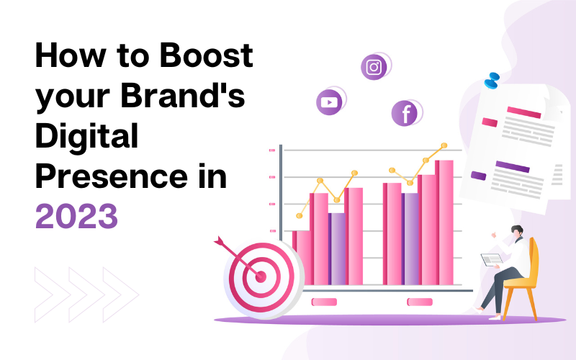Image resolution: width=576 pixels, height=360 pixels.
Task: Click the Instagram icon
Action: [x=374, y=67]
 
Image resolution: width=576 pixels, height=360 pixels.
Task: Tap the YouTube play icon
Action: [x=329, y=102]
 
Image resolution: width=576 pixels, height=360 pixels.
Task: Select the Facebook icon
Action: [x=405, y=114]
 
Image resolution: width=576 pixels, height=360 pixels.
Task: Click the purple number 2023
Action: [x=76, y=217]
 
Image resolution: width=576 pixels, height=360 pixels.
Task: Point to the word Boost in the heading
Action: [x=206, y=55]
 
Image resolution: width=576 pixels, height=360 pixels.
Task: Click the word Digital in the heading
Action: [x=86, y=136]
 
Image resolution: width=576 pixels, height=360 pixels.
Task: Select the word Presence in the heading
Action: [x=112, y=176]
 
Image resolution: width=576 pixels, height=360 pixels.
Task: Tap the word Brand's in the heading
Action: [x=183, y=95]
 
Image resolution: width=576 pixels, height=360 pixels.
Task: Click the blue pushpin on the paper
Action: [x=492, y=81]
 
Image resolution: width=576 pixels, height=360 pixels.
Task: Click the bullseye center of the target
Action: [x=261, y=276]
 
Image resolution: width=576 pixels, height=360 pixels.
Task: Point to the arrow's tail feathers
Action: [x=219, y=241]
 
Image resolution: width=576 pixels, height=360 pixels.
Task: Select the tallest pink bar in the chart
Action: [x=444, y=222]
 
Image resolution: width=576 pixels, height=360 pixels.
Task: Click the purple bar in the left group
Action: [x=337, y=248]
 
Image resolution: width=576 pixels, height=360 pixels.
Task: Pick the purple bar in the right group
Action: [x=410, y=239]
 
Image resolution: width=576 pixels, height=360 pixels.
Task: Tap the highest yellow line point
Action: [x=444, y=145]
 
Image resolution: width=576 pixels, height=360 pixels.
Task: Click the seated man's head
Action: [x=517, y=231]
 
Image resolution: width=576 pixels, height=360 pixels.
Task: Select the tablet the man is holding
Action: [x=492, y=259]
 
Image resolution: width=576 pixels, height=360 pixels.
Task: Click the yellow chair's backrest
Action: [x=534, y=257]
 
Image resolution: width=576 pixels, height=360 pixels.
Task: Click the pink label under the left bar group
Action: [x=324, y=302]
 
